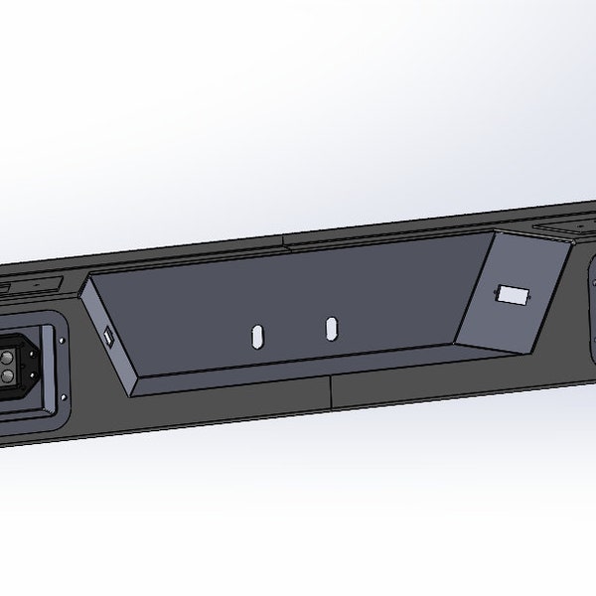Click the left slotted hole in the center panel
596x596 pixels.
click(x=257, y=336)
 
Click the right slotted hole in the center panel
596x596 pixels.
click(x=331, y=328)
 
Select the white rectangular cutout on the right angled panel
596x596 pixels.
click(x=513, y=294)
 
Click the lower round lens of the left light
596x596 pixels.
click(x=9, y=376)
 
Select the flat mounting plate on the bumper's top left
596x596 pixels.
click(x=30, y=284)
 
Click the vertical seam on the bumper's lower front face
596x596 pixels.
click(x=330, y=391)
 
